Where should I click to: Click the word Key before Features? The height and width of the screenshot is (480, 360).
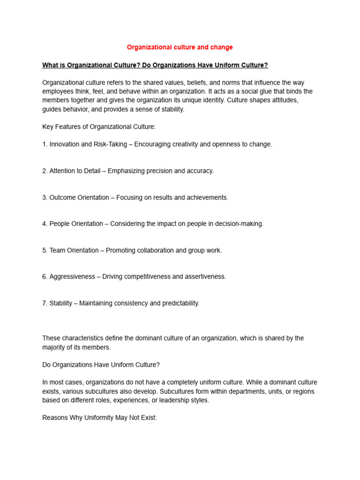tap(48, 127)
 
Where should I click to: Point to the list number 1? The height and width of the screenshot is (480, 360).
tap(45, 144)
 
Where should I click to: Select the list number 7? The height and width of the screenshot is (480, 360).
tap(45, 303)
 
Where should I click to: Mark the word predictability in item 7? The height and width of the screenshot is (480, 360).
tap(180, 303)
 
